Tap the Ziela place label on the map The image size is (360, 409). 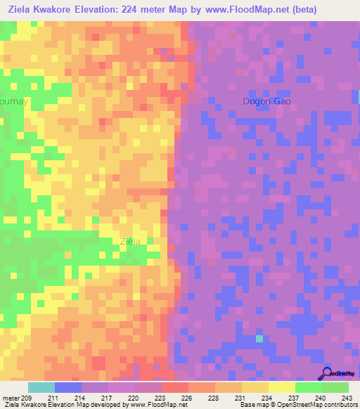coord(130,242)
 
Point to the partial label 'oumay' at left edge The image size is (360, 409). coord(14,101)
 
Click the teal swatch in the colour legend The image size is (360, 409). coord(41,387)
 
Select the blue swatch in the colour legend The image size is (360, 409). coord(67,387)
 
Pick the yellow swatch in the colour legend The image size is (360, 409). coord(281,387)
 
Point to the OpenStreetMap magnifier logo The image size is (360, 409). coord(326,372)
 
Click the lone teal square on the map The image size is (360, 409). coord(259,339)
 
